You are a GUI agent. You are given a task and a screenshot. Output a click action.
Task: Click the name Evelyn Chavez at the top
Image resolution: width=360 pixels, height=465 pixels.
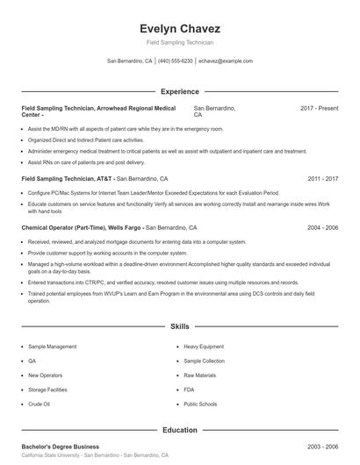click(x=179, y=28)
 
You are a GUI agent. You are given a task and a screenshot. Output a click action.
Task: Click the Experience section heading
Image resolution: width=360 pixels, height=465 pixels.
click(x=179, y=91)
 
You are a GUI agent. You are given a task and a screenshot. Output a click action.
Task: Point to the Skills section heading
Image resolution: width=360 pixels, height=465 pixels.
click(x=179, y=326)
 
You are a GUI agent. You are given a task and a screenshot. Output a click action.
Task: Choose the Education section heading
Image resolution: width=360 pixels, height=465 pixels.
click(x=179, y=431)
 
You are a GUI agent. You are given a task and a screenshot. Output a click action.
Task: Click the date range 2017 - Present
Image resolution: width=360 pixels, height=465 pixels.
click(x=319, y=108)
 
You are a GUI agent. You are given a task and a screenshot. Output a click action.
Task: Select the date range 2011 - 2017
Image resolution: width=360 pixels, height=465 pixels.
click(x=322, y=178)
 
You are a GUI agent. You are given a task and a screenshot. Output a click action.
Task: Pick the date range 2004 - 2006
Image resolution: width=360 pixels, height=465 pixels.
click(x=322, y=227)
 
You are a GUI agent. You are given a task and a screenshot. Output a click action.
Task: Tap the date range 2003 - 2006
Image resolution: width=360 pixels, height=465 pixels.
click(x=322, y=447)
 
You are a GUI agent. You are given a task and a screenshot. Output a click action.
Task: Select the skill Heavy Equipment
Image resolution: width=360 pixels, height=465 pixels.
click(x=204, y=347)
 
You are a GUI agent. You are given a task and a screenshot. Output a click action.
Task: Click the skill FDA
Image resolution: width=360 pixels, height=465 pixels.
click(x=190, y=389)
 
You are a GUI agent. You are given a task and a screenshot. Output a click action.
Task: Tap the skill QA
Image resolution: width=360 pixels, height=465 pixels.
click(x=32, y=361)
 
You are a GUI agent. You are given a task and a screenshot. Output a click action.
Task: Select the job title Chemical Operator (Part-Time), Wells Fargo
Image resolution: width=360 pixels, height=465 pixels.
click(x=81, y=227)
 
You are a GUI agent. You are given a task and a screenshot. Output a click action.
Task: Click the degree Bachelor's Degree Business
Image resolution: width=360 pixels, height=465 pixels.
click(x=60, y=447)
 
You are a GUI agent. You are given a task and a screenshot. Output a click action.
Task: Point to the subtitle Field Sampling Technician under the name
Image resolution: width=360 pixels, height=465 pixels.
click(x=179, y=42)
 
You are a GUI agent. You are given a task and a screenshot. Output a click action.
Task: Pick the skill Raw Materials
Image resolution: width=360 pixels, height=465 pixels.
click(x=200, y=375)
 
